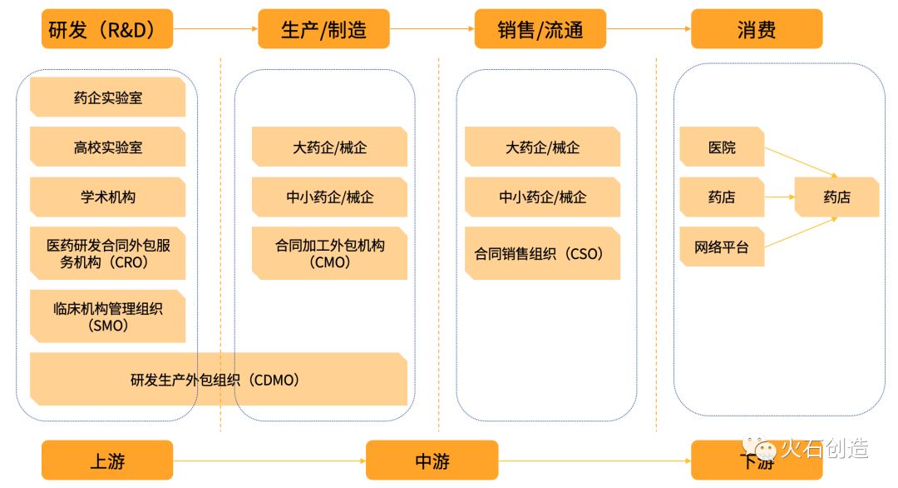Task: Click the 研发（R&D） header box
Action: pyautogui.click(x=107, y=28)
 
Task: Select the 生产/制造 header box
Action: pyautogui.click(x=323, y=28)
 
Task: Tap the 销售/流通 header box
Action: pyautogui.click(x=540, y=28)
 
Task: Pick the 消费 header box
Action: pyautogui.click(x=757, y=28)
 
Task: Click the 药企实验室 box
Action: pyautogui.click(x=107, y=97)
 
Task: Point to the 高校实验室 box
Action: pyautogui.click(x=107, y=147)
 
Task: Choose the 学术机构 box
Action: pyautogui.click(x=107, y=197)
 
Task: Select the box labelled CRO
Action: pyautogui.click(x=107, y=253)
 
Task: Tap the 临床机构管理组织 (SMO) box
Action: pyautogui.click(x=107, y=316)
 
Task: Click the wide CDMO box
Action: pyautogui.click(x=218, y=379)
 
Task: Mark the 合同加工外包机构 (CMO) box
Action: pyautogui.click(x=329, y=253)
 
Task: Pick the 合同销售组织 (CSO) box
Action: pyautogui.click(x=542, y=253)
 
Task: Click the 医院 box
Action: pyautogui.click(x=722, y=147)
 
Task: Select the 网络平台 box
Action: pyautogui.click(x=722, y=246)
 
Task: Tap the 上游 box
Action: pyautogui.click(x=107, y=460)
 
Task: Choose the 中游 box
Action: pyautogui.click(x=432, y=460)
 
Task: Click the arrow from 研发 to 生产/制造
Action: pyautogui.click(x=215, y=28)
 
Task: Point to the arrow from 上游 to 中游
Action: pyautogui.click(x=269, y=461)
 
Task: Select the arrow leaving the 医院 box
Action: pyautogui.click(x=802, y=162)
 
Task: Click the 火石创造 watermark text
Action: pyautogui.click(x=825, y=448)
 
